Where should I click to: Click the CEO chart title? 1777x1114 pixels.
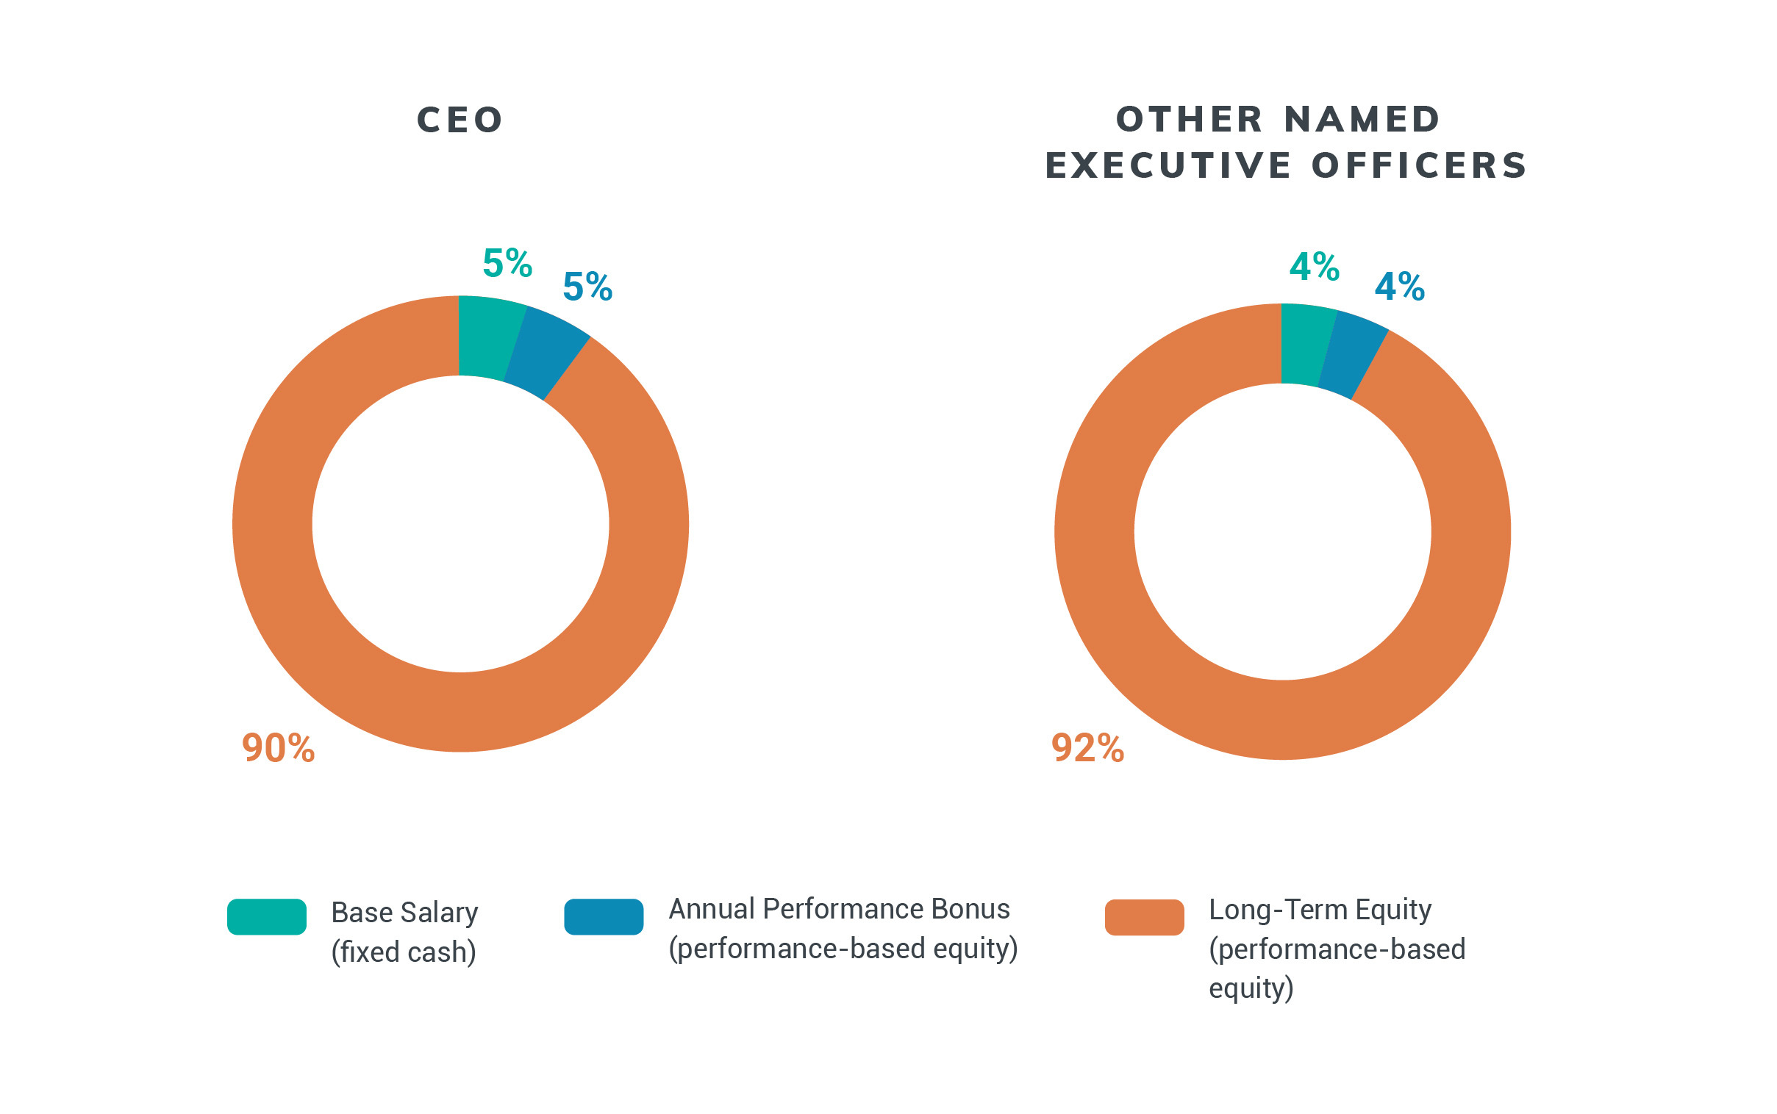460,120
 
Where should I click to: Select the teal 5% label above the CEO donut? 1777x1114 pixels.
507,263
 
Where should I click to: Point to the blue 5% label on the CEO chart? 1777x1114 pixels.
587,287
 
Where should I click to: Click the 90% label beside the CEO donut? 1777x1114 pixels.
278,748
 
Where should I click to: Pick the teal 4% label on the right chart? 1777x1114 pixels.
1314,266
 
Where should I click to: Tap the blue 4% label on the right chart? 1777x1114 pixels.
1399,287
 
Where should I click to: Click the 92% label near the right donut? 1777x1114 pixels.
1087,748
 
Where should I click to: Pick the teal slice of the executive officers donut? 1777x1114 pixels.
1304,344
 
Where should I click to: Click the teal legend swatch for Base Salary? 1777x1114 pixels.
266,916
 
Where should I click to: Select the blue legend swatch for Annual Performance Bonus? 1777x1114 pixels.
603,916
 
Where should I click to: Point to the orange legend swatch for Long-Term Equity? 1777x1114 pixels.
1143,917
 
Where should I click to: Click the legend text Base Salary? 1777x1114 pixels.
404,912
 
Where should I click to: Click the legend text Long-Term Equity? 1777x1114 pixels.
1319,909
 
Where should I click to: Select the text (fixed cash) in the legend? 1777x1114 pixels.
403,952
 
